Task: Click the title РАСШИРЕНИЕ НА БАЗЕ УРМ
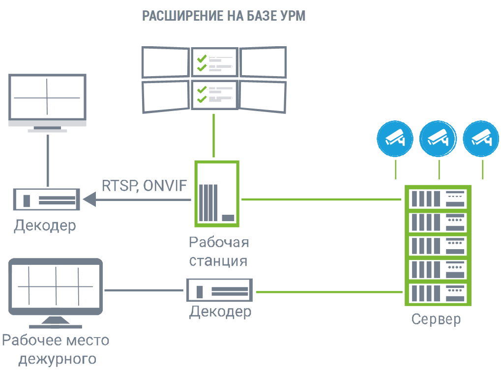[x=224, y=16]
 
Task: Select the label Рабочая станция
[x=219, y=251]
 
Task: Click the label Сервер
[x=436, y=319]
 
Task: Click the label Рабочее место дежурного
[x=56, y=349]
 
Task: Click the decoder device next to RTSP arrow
[x=46, y=200]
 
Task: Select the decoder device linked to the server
[x=220, y=290]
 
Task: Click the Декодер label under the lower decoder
[x=220, y=312]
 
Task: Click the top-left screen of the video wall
[x=166, y=62]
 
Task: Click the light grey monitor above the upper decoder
[x=48, y=98]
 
